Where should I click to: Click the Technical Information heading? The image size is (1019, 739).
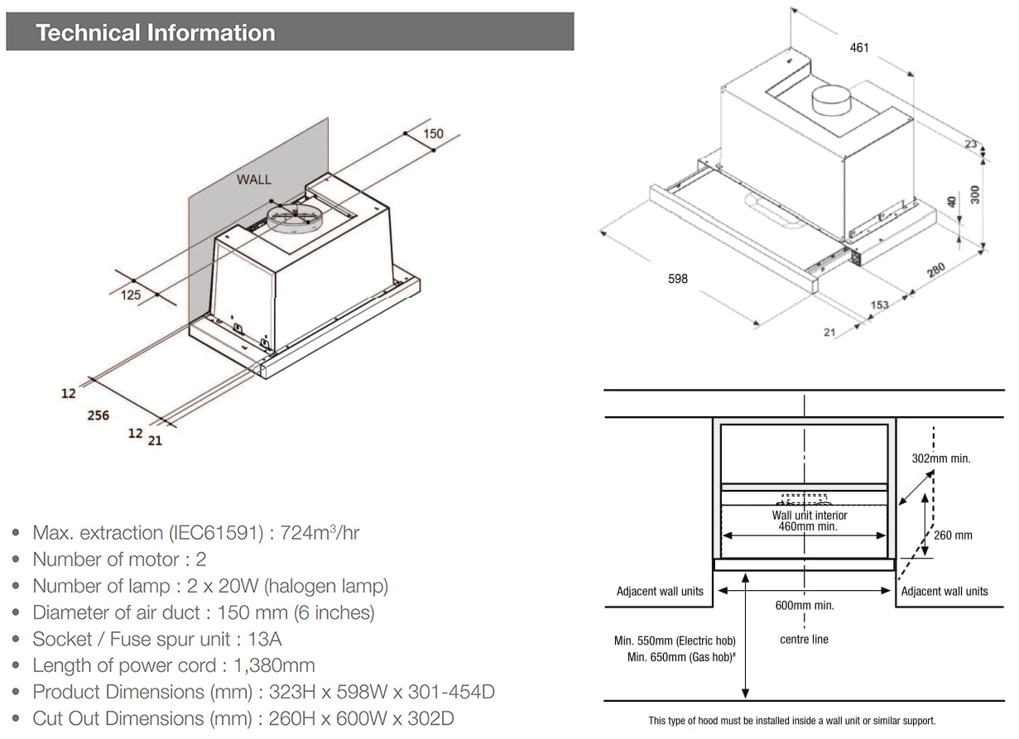coord(156,33)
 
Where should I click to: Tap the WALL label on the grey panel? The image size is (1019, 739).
coord(253,179)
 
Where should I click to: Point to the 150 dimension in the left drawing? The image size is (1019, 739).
coord(433,133)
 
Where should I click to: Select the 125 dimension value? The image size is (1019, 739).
coord(131,295)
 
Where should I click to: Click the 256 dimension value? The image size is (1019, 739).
coord(99,415)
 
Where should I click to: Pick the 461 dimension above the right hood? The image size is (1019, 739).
coord(859,48)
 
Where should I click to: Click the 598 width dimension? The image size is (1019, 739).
coord(677,279)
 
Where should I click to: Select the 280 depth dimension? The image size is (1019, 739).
coord(936,271)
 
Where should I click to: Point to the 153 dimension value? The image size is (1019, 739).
coord(879,305)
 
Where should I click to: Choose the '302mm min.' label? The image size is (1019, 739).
coord(941,458)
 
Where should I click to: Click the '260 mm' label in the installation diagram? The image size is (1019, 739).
coord(953,535)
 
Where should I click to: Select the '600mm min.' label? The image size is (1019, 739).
coord(805,605)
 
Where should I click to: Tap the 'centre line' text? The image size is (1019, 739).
coord(804,639)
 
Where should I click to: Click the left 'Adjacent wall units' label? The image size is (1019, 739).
coord(660,591)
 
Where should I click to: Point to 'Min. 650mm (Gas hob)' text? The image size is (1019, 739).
coord(675,657)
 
